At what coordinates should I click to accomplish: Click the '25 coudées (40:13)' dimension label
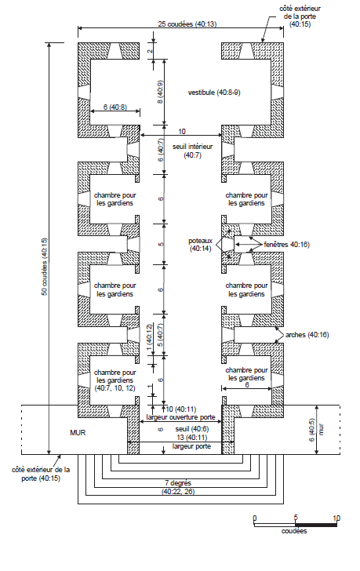coord(187,24)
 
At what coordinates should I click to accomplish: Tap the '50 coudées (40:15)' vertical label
coord(44,267)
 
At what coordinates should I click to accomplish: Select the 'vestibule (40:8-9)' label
coord(214,93)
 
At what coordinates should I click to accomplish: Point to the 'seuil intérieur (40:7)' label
coord(193,151)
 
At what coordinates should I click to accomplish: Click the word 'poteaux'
coord(200,241)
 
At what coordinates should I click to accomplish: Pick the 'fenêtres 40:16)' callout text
coord(286,245)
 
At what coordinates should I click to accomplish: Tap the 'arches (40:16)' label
coord(307,335)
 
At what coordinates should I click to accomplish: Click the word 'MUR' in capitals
coord(78,433)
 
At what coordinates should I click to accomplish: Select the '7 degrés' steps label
coord(178,483)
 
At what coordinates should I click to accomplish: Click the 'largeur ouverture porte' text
coord(181,417)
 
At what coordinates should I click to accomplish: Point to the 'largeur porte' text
coord(191,446)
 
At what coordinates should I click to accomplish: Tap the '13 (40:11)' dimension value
coord(192,438)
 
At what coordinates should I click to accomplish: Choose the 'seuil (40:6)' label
coord(192,429)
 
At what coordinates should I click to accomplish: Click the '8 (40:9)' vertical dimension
coord(160,92)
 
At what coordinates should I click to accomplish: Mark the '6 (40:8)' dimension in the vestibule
coord(115,107)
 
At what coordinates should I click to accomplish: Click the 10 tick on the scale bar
coord(336,518)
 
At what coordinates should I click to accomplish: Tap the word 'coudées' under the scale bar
coord(294,531)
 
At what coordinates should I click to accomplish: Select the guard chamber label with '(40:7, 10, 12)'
coord(115,380)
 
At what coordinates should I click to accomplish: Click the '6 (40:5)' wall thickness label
coord(312,430)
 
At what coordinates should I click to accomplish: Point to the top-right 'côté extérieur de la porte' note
coord(300,16)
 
